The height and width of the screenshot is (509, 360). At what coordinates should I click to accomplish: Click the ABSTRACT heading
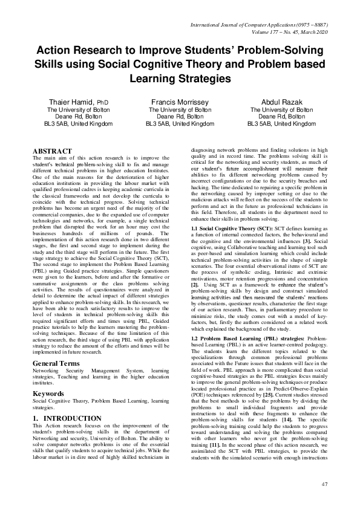[x=52, y=151]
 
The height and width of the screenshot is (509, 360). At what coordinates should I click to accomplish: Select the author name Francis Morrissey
[x=180, y=102]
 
